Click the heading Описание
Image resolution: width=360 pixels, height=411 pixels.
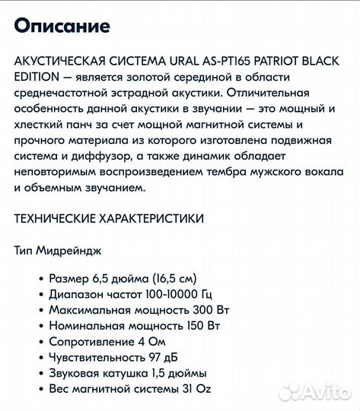(62, 27)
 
